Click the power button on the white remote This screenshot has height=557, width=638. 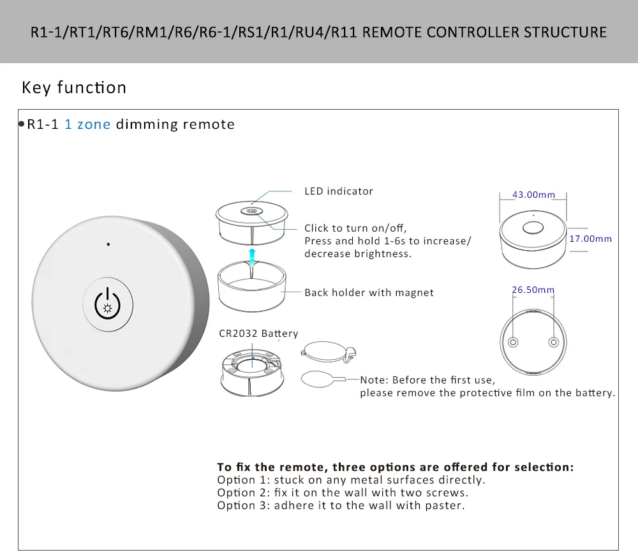(107, 304)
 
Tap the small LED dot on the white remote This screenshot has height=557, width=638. (108, 244)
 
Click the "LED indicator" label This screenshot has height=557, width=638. (338, 191)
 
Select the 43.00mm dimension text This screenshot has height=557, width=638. (533, 195)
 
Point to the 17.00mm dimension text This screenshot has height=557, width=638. (590, 239)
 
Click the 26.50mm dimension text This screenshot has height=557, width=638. (533, 290)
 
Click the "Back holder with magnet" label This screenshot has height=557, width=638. (369, 293)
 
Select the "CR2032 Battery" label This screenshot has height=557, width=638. (258, 333)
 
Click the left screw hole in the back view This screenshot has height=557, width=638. (512, 343)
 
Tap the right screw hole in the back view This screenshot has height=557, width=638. (553, 343)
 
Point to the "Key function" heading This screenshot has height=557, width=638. (74, 87)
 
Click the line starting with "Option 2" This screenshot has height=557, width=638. (342, 493)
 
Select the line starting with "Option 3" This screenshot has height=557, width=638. (341, 505)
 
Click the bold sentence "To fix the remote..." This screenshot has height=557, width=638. (395, 467)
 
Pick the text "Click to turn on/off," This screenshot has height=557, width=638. (355, 228)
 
